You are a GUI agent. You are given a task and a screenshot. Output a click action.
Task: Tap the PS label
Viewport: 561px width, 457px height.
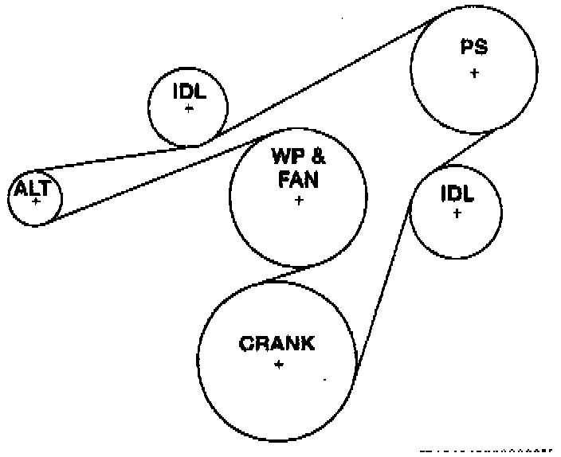pos(474,49)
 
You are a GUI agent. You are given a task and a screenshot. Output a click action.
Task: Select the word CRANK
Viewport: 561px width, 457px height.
pos(277,344)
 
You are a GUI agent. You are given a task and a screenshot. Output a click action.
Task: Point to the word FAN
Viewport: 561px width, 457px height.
pos(298,180)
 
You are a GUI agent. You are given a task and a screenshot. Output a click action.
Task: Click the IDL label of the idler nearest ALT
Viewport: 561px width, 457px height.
pos(189,91)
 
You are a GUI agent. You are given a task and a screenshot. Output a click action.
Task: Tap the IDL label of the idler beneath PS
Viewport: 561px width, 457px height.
pos(457,193)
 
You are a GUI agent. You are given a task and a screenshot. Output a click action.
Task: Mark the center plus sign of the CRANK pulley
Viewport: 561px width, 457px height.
pos(279,365)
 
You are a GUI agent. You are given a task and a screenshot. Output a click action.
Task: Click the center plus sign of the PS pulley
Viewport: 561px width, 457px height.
pos(474,73)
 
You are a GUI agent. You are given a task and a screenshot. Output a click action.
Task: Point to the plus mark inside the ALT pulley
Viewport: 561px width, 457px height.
pos(36,201)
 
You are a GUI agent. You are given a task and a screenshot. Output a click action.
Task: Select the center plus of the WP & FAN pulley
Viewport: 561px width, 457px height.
pos(299,201)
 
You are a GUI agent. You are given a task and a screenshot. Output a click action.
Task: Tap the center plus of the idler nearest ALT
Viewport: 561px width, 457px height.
pos(189,107)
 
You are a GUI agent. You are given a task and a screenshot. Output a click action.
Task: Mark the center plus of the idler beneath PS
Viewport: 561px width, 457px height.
pos(457,213)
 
